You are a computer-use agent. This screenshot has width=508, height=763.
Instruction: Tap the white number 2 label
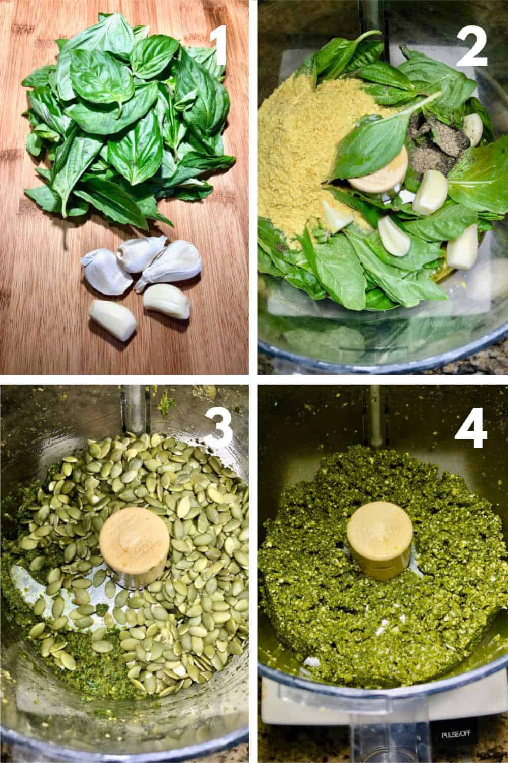472,46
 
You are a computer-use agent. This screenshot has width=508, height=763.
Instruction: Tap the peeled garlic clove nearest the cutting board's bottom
113,319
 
